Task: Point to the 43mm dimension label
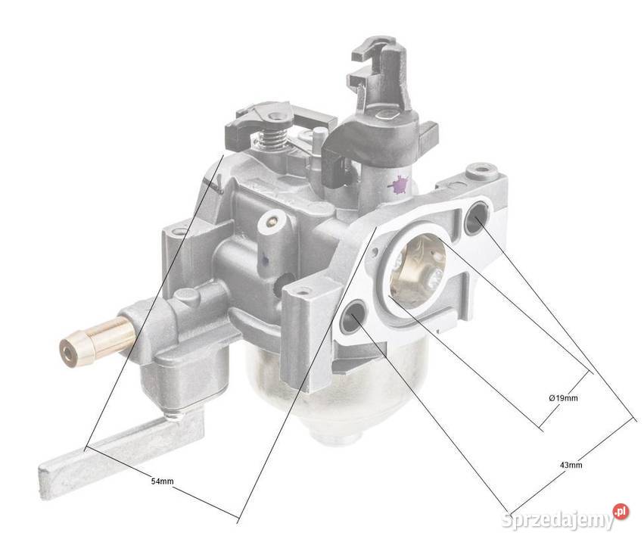[570, 465]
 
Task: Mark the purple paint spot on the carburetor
[398, 184]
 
